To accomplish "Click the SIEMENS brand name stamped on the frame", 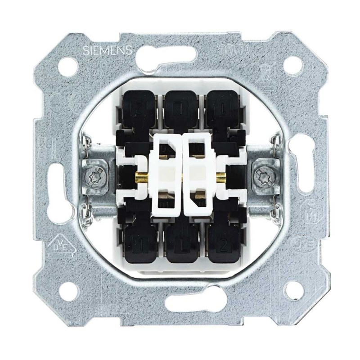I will pos(107,50).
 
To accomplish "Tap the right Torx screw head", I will pos(264,175).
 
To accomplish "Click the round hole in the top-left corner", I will pos(68,65).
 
